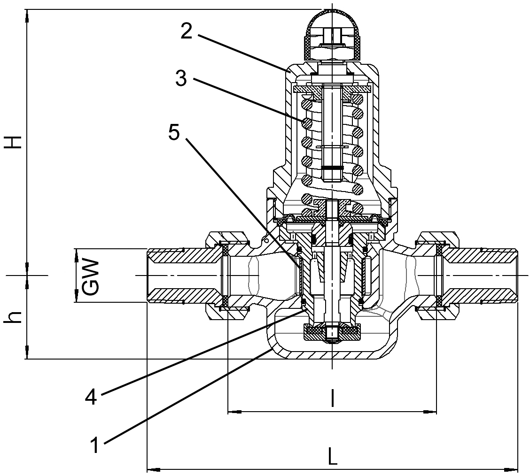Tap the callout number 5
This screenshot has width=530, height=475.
(173, 133)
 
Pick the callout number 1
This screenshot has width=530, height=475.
(95, 444)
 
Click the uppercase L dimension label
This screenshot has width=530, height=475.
(332, 456)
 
